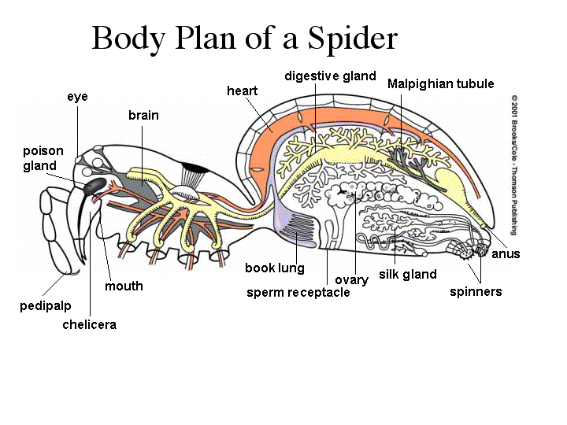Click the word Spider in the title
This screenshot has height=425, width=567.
[353, 38]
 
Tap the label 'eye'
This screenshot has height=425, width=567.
[77, 97]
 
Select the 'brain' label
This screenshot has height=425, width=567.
[143, 116]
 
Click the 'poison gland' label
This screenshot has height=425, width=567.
[43, 158]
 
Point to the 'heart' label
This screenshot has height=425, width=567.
[242, 91]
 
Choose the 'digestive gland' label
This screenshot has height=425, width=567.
[330, 76]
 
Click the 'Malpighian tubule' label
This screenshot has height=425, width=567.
[440, 83]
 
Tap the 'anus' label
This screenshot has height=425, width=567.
[506, 254]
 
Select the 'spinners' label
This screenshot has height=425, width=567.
[476, 292]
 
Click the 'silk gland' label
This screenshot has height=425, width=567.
[407, 275]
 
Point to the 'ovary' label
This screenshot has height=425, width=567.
[351, 280]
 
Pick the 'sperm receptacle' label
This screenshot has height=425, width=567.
[298, 293]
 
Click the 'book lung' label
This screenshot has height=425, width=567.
[274, 268]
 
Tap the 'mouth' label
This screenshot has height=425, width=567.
[124, 286]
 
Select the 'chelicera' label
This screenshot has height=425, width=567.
[89, 324]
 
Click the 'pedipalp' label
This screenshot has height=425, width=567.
[43, 305]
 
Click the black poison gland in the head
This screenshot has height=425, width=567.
[94, 186]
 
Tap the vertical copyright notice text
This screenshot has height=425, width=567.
[513, 165]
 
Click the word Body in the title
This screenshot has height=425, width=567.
[130, 38]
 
